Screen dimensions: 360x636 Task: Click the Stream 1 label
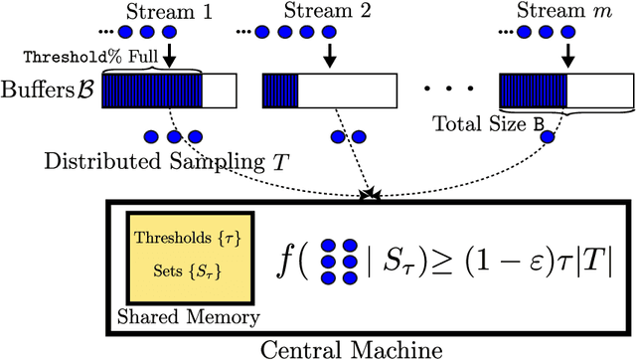click(x=167, y=12)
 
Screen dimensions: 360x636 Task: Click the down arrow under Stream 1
click(x=168, y=52)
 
